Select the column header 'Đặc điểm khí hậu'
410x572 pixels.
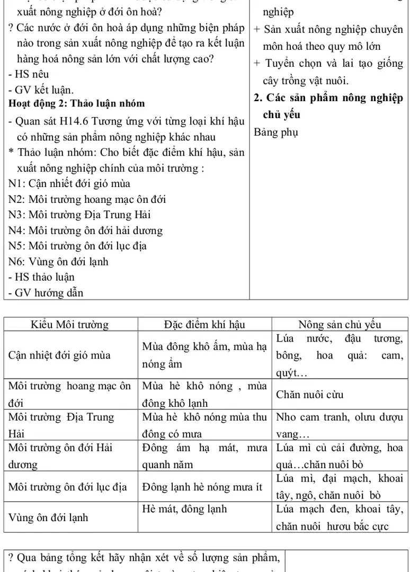point(205,325)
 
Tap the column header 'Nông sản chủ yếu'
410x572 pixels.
point(340,325)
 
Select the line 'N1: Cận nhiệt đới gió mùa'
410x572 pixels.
point(69,183)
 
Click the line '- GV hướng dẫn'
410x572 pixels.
point(46,292)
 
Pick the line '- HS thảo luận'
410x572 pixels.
point(42,277)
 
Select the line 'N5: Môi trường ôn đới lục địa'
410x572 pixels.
point(78,246)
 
